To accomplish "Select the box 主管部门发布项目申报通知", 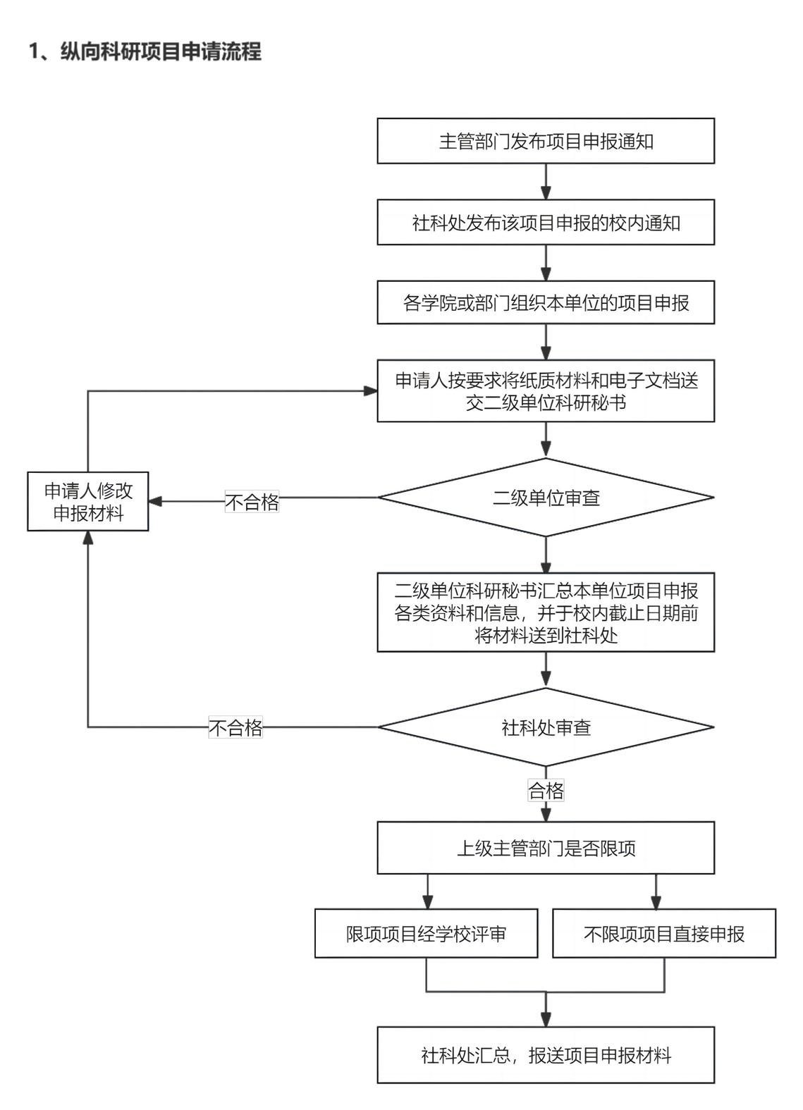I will [546, 141].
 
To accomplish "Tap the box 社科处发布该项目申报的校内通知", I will [546, 223].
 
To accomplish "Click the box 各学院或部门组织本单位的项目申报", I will [546, 303].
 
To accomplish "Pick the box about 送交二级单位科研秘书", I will [546, 391].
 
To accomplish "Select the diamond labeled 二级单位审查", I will [546, 498].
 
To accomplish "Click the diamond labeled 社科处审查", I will [546, 727].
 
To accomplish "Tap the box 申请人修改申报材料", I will [88, 502].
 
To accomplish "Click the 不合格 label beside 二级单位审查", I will [252, 502].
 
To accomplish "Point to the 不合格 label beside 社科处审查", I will [235, 727].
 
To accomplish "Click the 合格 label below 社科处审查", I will [546, 791].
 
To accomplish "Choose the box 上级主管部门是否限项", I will [546, 848].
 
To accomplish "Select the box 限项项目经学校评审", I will [426, 934].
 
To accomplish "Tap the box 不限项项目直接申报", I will [663, 934].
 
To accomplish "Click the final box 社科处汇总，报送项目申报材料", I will [546, 1055].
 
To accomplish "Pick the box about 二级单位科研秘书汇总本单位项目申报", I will [546, 612].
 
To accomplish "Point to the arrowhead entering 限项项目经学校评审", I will [427, 902].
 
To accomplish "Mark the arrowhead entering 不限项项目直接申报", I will [656, 902].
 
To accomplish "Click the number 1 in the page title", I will [33, 51].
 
